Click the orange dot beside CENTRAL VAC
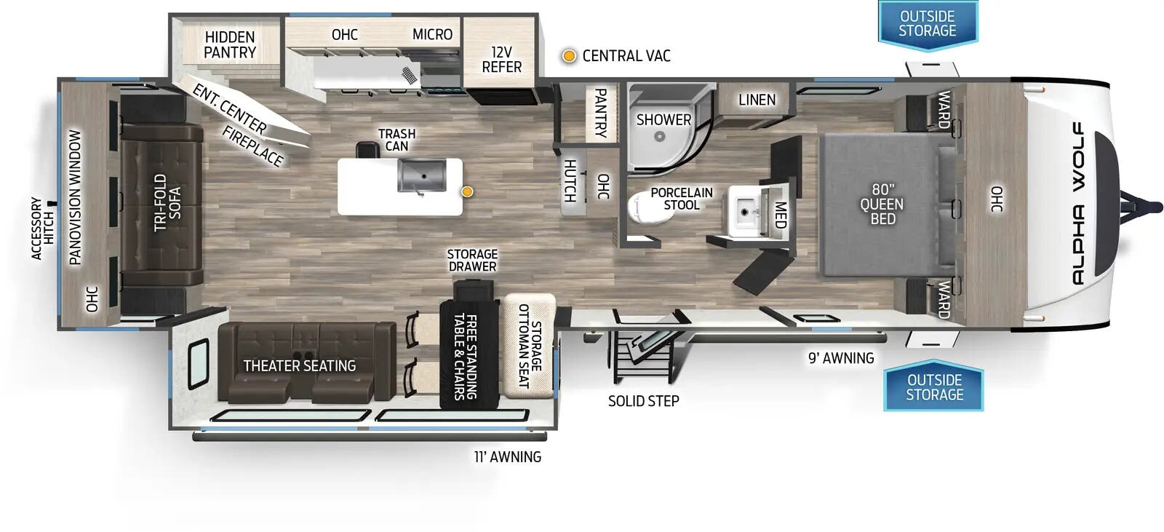click(569, 56)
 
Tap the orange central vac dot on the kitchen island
click(468, 191)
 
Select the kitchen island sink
click(421, 175)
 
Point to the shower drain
click(660, 136)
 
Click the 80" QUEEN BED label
click(882, 205)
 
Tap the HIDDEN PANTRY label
click(230, 44)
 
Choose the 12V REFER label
click(501, 60)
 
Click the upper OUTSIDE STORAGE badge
click(927, 24)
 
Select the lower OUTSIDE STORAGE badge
click(934, 387)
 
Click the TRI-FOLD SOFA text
click(167, 202)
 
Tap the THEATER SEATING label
click(300, 365)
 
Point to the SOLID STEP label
click(643, 400)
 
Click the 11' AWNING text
click(507, 457)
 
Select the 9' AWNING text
click(841, 358)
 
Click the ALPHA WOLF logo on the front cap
click(1077, 204)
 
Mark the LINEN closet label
click(757, 100)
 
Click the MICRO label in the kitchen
click(432, 34)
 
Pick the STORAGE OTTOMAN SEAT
click(529, 345)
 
